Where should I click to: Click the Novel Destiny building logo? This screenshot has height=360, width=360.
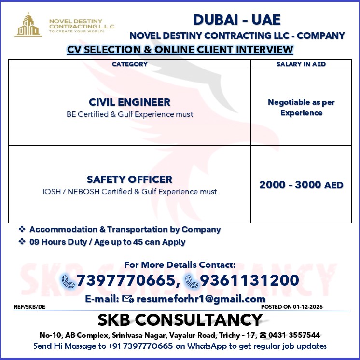(x=28, y=25)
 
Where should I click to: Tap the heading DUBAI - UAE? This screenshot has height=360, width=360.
(x=236, y=20)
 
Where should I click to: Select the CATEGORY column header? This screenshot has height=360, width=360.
(x=130, y=64)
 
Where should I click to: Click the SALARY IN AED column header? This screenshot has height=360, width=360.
(x=301, y=64)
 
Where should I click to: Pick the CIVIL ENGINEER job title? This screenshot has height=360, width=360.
(x=129, y=102)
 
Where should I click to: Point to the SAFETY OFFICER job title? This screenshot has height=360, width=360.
(x=129, y=180)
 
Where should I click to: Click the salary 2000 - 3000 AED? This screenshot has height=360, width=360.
(x=301, y=185)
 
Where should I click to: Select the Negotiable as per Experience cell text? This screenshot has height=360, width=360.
(x=301, y=108)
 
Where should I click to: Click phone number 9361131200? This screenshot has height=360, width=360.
(x=249, y=280)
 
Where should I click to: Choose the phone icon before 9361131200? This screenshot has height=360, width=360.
(x=192, y=281)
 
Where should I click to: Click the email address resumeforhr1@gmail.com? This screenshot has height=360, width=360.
(x=201, y=299)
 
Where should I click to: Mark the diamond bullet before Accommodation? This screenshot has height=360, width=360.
(x=22, y=229)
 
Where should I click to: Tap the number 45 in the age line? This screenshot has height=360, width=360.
(x=138, y=242)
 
